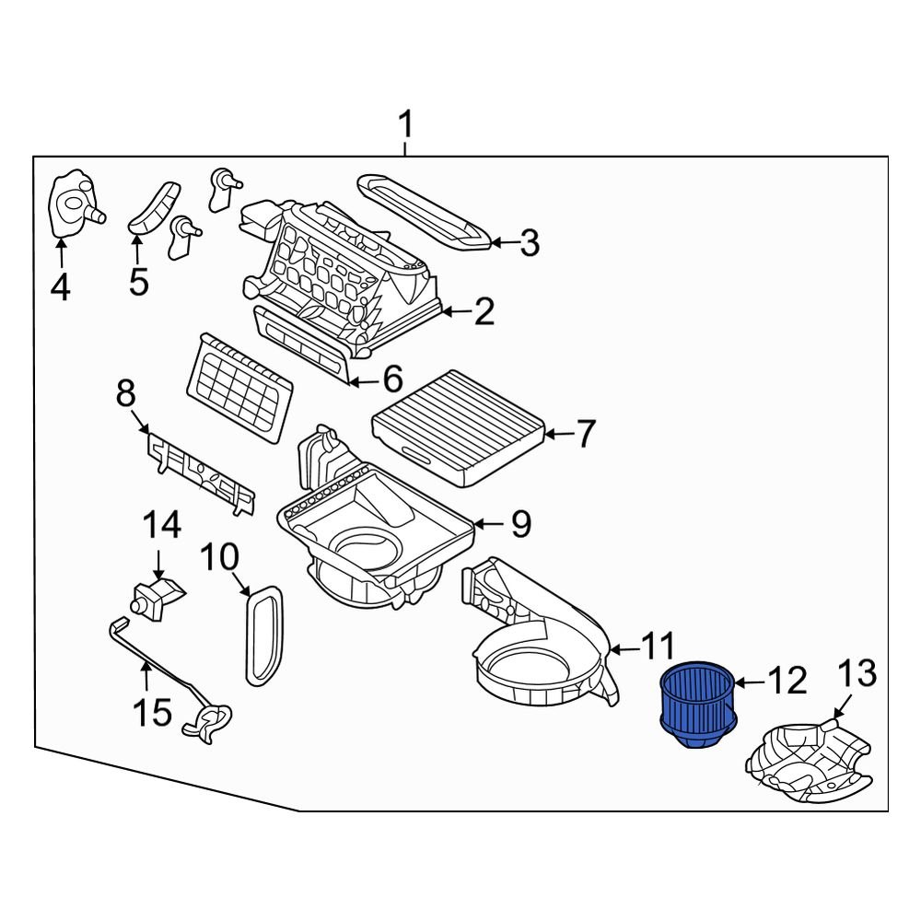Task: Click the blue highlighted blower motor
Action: (697, 704)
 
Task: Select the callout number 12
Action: (787, 681)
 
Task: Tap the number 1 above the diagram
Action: (406, 126)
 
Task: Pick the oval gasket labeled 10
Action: (264, 635)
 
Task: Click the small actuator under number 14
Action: (155, 597)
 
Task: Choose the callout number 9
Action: (520, 524)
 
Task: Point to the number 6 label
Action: (392, 378)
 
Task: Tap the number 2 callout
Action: (484, 312)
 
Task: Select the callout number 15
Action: (153, 711)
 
